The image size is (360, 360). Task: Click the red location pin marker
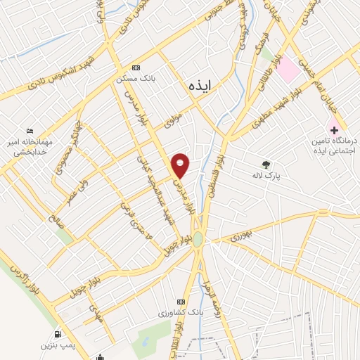(181, 165)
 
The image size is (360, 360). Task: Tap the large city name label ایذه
(200, 84)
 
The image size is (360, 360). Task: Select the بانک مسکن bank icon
(136, 67)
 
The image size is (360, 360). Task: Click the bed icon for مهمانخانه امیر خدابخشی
(29, 131)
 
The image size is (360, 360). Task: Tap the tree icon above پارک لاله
(266, 165)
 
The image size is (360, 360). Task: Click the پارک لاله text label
(269, 176)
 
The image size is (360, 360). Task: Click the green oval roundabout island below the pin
(200, 239)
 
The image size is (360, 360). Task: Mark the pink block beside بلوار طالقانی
(287, 69)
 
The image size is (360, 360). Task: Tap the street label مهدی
(96, 314)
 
